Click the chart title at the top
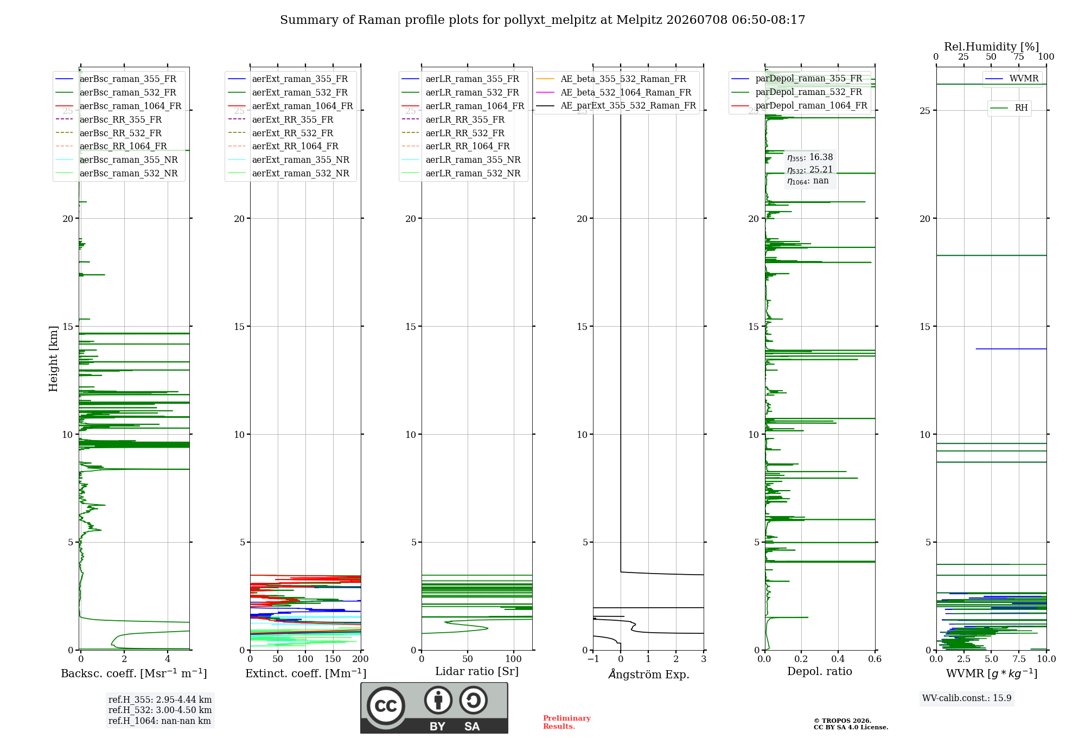pyautogui.click(x=542, y=20)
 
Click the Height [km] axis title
pyautogui.click(x=53, y=359)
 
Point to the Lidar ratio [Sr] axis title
pyautogui.click(x=477, y=671)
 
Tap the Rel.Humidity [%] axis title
pyautogui.click(x=992, y=47)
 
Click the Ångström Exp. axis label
pyautogui.click(x=649, y=674)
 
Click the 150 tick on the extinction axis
pyautogui.click(x=333, y=659)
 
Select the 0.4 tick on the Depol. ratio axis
pyautogui.click(x=838, y=659)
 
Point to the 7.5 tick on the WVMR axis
pyautogui.click(x=1019, y=659)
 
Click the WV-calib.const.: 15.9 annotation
pyautogui.click(x=967, y=698)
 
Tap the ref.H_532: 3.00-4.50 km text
pyautogui.click(x=160, y=710)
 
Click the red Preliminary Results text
pyautogui.click(x=567, y=722)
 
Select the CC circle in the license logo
pyautogui.click(x=386, y=706)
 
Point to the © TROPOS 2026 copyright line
pyautogui.click(x=843, y=721)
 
